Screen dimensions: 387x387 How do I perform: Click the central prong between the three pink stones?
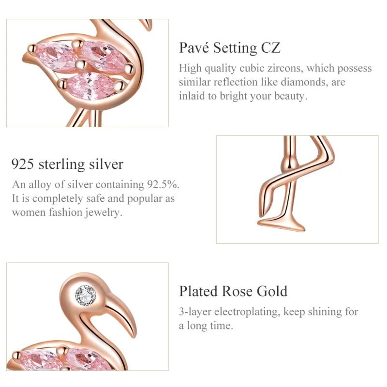[x=81, y=64]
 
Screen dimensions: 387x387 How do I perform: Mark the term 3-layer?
[x=196, y=312]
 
